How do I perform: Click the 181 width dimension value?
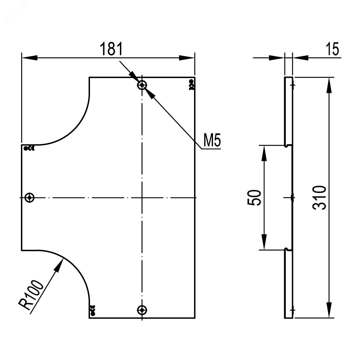pyautogui.click(x=111, y=49)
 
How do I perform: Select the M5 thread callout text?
pyautogui.click(x=212, y=140)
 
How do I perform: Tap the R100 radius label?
pyautogui.click(x=31, y=295)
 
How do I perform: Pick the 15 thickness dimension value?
pyautogui.click(x=332, y=49)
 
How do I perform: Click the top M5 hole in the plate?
pyautogui.click(x=142, y=85)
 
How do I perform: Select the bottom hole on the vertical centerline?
pyautogui.click(x=142, y=310)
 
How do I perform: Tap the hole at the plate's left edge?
pyautogui.click(x=30, y=197)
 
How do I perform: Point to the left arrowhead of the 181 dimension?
pyautogui.click(x=30, y=58)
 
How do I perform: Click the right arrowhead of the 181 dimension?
pyautogui.click(x=186, y=58)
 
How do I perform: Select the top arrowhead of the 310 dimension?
pyautogui.click(x=329, y=85)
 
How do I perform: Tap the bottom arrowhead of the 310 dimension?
pyautogui.click(x=329, y=310)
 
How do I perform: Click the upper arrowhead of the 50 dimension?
pyautogui.click(x=264, y=153)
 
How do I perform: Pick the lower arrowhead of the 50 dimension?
pyautogui.click(x=264, y=242)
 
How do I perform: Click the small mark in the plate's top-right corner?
pyautogui.click(x=191, y=85)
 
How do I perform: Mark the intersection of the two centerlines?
pyautogui.click(x=142, y=197)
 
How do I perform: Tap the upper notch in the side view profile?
pyautogui.click(x=287, y=145)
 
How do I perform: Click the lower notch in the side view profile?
pyautogui.click(x=287, y=249)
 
